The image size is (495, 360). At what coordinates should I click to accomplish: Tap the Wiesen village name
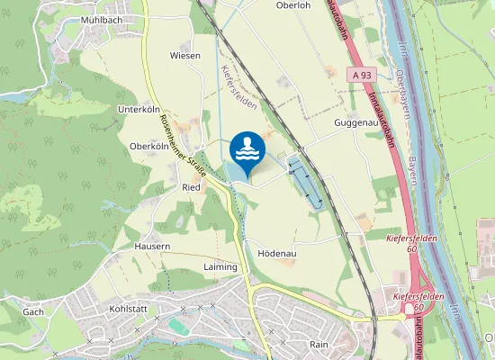185,56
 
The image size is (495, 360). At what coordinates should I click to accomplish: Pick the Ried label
191,187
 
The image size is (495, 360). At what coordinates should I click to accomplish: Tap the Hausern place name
152,246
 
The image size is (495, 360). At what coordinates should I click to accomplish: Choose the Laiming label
220,267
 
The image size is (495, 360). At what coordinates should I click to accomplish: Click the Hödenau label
277,255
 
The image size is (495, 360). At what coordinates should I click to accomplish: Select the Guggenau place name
354,122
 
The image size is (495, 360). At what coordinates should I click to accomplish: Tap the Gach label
33,311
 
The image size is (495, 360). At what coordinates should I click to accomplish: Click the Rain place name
319,344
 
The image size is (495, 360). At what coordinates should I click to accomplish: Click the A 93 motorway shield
362,75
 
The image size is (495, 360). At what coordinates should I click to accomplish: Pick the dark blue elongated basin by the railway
303,180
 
